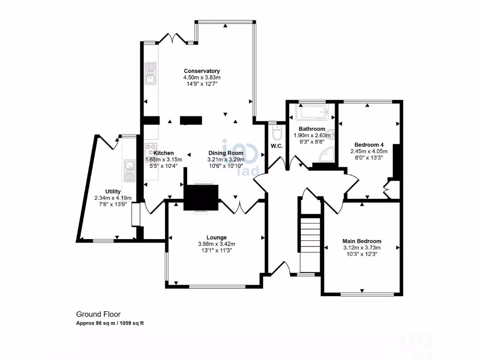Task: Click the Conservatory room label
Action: (x=202, y=71)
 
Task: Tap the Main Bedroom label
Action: (x=361, y=241)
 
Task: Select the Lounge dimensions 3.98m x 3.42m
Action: (x=217, y=244)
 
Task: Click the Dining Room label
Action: (x=226, y=153)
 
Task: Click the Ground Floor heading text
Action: (x=95, y=314)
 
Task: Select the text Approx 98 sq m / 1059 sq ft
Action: (x=110, y=323)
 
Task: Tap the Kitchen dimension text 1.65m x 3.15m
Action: (x=164, y=159)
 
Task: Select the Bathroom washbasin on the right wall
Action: (x=332, y=134)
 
